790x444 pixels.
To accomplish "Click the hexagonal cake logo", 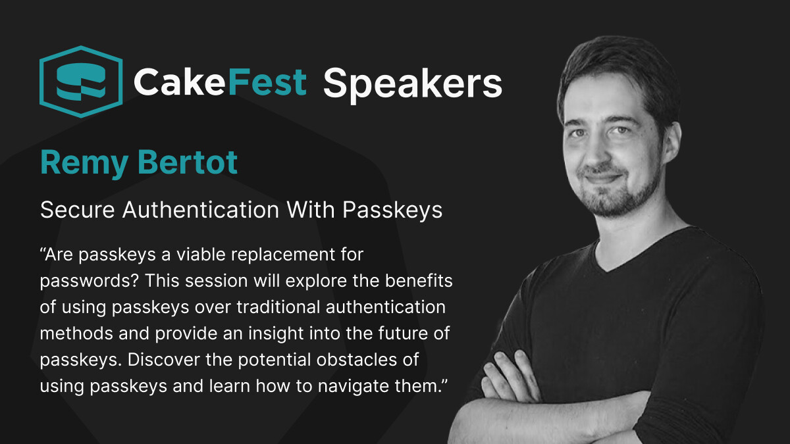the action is tap(81, 82).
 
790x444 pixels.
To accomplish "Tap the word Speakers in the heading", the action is tap(412, 85).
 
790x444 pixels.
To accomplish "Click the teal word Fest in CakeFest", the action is tap(267, 82).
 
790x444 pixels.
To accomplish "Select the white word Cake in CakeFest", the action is tap(180, 82).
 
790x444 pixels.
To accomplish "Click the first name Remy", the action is tap(84, 164).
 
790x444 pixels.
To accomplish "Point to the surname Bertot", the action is tap(188, 162).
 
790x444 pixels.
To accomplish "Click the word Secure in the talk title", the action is tap(77, 210).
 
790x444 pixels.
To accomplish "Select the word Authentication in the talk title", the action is tap(201, 210).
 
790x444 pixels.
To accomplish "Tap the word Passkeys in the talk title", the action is tap(392, 210).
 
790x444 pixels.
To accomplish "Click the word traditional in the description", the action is tap(278, 307).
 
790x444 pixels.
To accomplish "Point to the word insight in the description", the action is tap(276, 334).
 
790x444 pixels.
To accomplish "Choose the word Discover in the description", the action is tap(164, 360).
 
